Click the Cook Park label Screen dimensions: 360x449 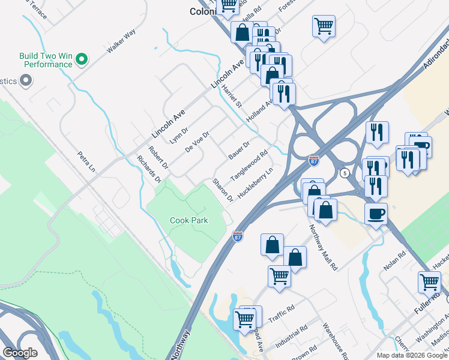[x=189, y=220]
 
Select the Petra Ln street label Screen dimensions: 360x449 [x=86, y=161]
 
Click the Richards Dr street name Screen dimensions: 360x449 [x=149, y=170]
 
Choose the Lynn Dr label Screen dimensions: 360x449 [x=179, y=135]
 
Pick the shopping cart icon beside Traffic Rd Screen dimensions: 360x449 [x=245, y=319]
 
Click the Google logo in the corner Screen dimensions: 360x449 [x=20, y=353]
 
